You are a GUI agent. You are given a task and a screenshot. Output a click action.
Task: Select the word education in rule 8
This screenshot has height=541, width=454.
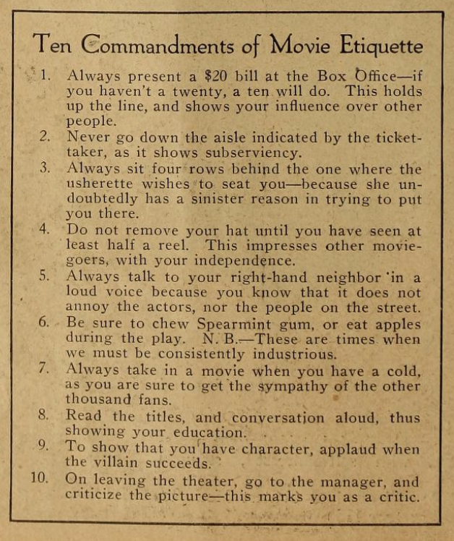point(205,432)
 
